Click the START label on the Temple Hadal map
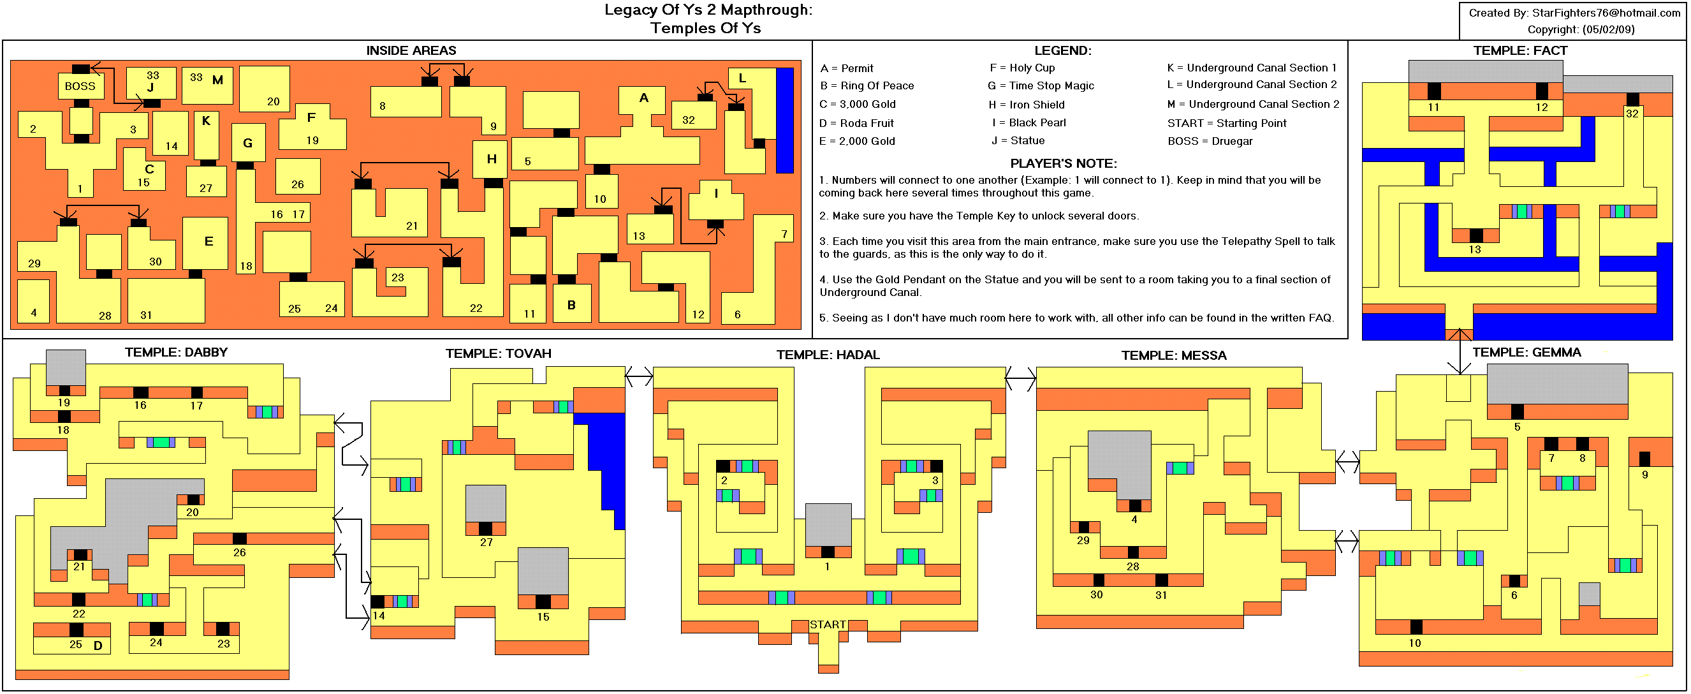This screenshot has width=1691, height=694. (827, 624)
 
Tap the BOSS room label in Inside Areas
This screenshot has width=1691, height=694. (80, 86)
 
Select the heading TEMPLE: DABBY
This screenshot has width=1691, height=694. (176, 353)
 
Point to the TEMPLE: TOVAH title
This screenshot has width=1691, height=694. (498, 354)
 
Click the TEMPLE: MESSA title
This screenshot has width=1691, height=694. (1174, 356)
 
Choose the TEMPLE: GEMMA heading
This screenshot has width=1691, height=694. (1526, 353)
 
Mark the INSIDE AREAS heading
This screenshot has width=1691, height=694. (411, 50)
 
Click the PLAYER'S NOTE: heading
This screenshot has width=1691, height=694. (1063, 163)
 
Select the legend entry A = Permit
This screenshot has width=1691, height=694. (847, 68)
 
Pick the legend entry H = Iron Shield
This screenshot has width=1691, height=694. (1027, 105)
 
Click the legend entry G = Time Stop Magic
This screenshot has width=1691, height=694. (1041, 85)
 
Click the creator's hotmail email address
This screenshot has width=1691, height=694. (1606, 13)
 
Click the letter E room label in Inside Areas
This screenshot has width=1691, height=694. (209, 241)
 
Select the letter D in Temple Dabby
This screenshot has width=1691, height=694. (98, 646)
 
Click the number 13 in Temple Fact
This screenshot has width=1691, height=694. (1474, 249)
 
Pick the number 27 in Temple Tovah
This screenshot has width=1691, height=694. (486, 542)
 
